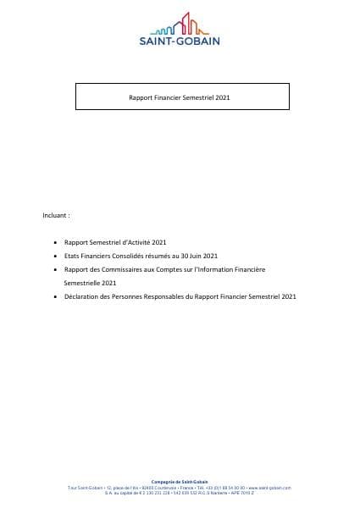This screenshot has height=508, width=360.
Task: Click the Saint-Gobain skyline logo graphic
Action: [179, 24]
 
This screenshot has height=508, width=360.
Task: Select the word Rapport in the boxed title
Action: [140, 98]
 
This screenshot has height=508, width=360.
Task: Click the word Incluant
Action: [55, 215]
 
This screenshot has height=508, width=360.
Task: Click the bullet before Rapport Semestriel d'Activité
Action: [55, 242]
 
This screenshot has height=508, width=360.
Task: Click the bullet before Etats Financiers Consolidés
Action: [55, 256]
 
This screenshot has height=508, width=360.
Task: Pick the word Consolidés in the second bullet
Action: [146, 256]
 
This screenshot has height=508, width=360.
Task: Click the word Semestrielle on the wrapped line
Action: [83, 283]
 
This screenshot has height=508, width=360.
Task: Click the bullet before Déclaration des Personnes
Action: [55, 296]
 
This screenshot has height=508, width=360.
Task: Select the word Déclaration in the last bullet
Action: [81, 296]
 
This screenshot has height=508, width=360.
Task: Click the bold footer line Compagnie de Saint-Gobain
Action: [179, 481]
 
